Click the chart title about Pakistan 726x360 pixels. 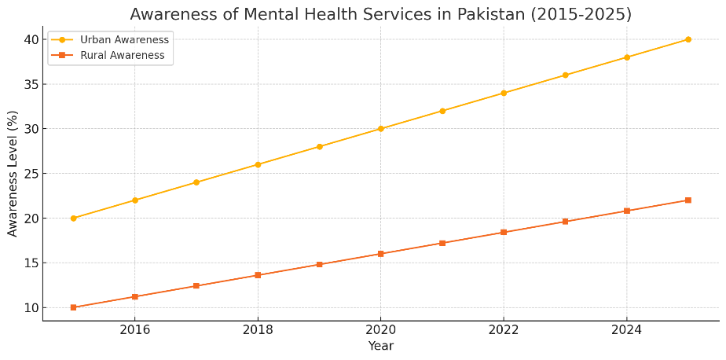point(380,14)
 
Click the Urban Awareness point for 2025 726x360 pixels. point(688,39)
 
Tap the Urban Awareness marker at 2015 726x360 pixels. point(73,219)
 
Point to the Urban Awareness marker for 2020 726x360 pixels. point(380,129)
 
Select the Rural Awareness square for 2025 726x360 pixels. point(688,200)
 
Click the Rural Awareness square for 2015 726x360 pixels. point(73,307)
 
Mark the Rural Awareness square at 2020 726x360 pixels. point(380,254)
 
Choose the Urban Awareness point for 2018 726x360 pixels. point(258,164)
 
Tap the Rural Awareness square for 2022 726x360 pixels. point(504,232)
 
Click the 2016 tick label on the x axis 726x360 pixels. point(134,331)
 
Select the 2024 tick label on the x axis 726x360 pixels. point(626,331)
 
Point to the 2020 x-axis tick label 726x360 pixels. point(380,331)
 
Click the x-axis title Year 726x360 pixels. point(380,346)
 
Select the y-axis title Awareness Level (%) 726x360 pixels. point(13,174)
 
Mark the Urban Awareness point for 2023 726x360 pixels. point(565,75)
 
